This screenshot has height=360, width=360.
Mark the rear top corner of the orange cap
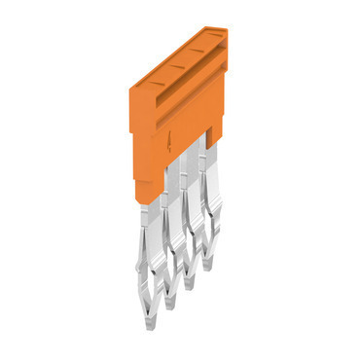click(224, 28)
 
